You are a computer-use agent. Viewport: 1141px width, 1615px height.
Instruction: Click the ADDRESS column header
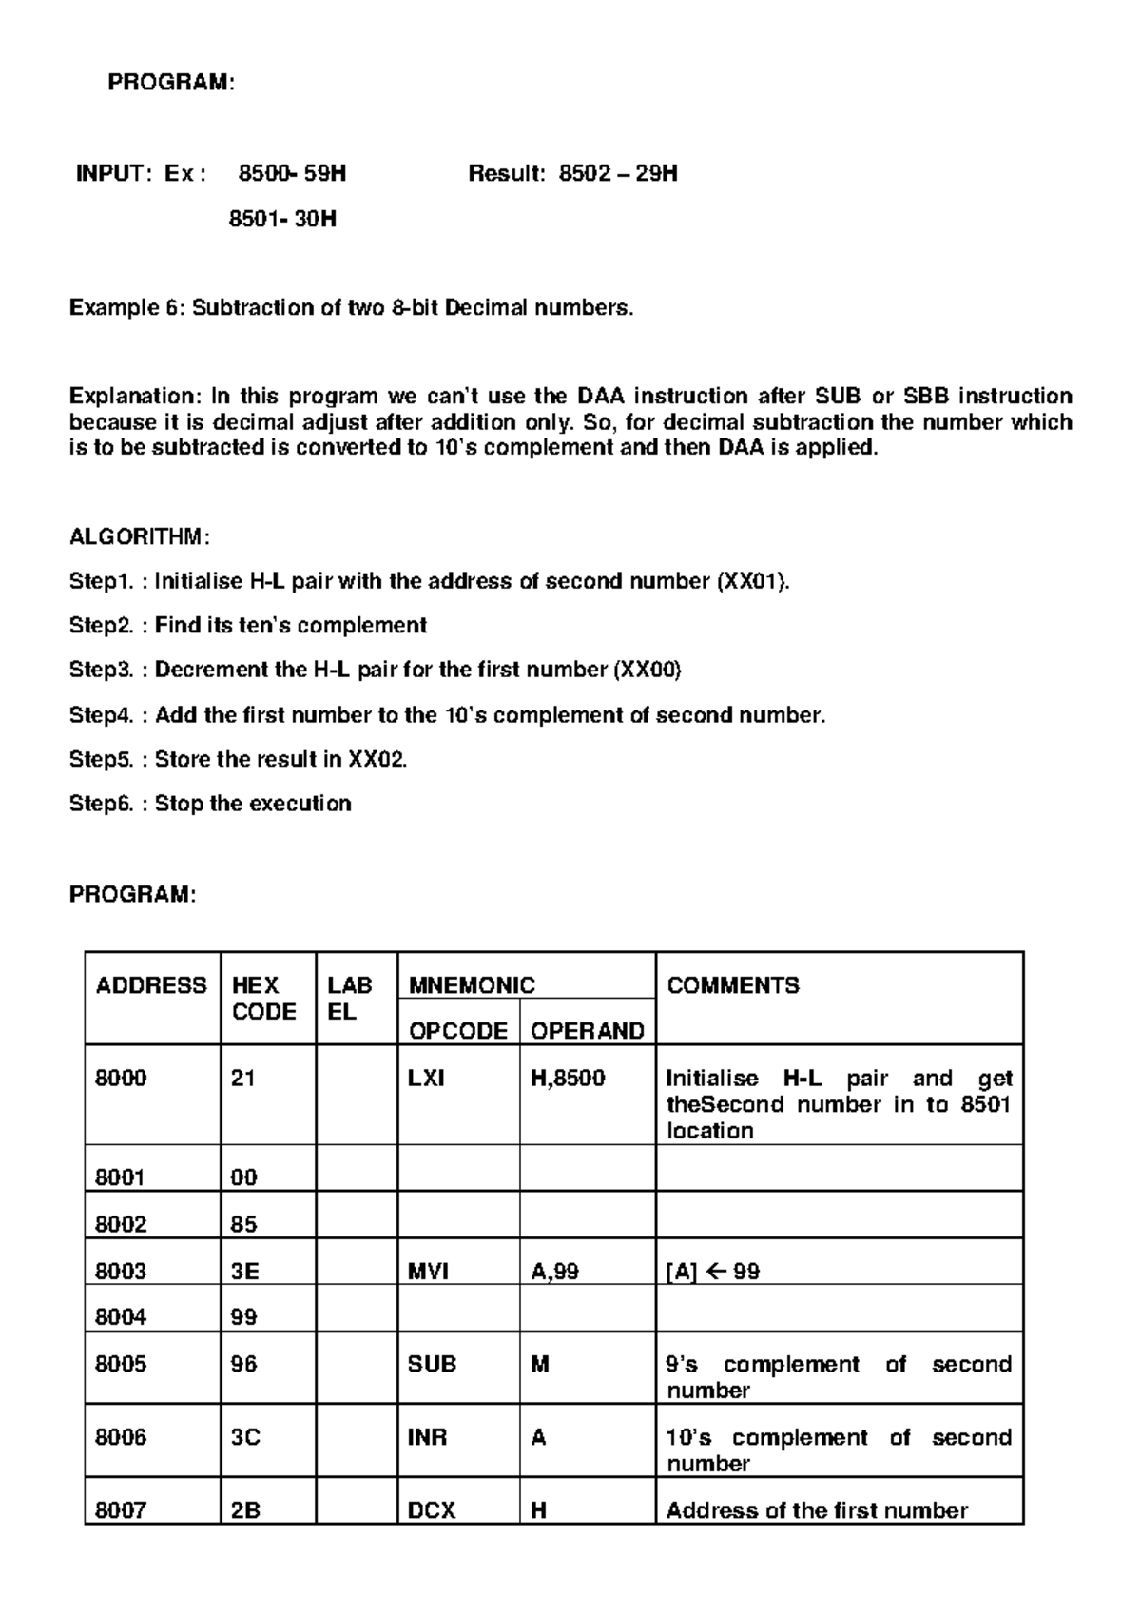pyautogui.click(x=151, y=985)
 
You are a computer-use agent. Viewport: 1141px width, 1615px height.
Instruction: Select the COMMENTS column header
pyautogui.click(x=733, y=985)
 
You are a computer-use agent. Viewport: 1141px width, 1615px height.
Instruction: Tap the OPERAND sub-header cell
pyautogui.click(x=587, y=1031)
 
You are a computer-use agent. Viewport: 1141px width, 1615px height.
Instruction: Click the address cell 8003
pyautogui.click(x=121, y=1272)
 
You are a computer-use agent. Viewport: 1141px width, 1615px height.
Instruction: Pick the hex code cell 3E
pyautogui.click(x=245, y=1272)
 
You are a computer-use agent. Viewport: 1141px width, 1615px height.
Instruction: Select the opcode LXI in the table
pyautogui.click(x=426, y=1079)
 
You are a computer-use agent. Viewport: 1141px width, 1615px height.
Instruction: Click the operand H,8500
pyautogui.click(x=568, y=1079)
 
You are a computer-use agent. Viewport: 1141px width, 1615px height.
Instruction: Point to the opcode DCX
pyautogui.click(x=432, y=1510)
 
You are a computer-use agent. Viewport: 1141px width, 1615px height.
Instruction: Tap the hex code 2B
pyautogui.click(x=245, y=1510)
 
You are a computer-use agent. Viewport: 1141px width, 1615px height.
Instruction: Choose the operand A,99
pyautogui.click(x=554, y=1272)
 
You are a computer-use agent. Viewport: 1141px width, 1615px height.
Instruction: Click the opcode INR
pyautogui.click(x=427, y=1437)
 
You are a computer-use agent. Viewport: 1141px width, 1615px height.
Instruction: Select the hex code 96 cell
pyautogui.click(x=244, y=1364)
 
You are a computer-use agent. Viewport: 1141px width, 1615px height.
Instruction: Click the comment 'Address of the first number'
pyautogui.click(x=817, y=1510)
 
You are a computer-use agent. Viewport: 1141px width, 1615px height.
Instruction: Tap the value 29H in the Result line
pyautogui.click(x=657, y=174)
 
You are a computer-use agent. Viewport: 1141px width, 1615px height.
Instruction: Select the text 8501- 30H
pyautogui.click(x=282, y=220)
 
